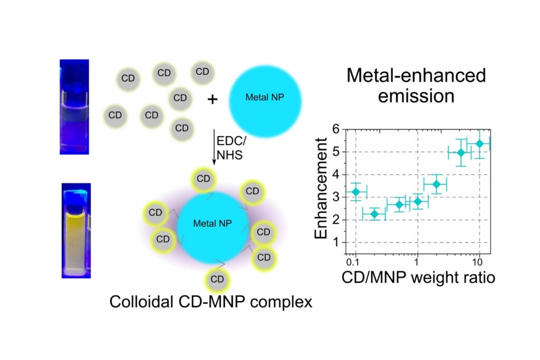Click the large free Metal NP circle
(265, 99)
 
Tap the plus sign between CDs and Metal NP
(212, 99)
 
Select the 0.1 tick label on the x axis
(354, 261)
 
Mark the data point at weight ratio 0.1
(355, 191)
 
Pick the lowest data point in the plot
(374, 214)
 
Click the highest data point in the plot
(479, 143)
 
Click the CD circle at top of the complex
(203, 179)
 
